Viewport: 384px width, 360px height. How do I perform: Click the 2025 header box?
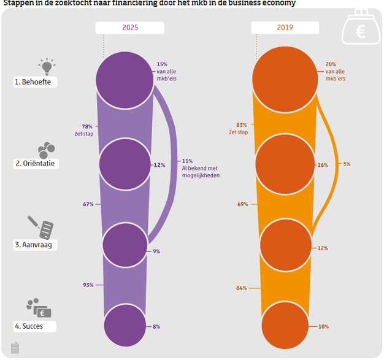[130, 28]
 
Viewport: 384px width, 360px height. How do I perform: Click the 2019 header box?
[285, 28]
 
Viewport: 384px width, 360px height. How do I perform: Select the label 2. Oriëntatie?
[36, 164]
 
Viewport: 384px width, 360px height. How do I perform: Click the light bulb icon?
[46, 66]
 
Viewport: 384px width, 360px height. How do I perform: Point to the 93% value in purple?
[88, 285]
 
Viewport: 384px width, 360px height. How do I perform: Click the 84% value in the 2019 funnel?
[242, 288]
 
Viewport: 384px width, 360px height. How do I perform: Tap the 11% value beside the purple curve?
[187, 161]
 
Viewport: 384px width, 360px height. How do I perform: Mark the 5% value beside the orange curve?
[347, 164]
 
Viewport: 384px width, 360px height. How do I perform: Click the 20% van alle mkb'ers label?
[334, 71]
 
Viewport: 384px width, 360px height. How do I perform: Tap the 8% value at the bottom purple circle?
[156, 326]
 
